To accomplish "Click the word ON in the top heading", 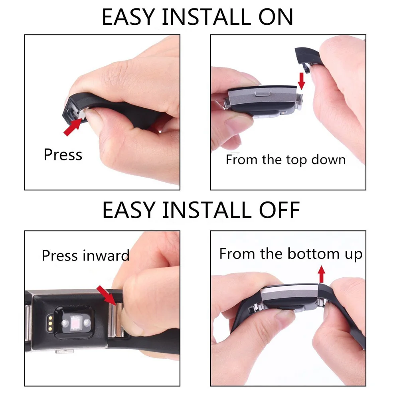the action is point(276,17).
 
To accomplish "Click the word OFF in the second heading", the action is point(279,210).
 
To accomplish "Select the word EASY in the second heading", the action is point(129,210).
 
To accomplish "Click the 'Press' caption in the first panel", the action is point(63,154).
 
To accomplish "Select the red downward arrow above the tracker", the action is point(301,81).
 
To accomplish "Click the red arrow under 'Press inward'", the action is point(107,295).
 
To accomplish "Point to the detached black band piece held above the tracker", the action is point(307,57).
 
